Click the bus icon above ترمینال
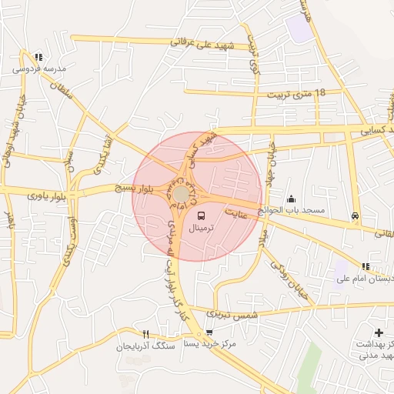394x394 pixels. [x=202, y=216]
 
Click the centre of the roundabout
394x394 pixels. [x=181, y=193]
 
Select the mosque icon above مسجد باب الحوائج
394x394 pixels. [x=291, y=199]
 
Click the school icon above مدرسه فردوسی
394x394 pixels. [x=38, y=57]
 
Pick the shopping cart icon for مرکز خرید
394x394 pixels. [x=209, y=333]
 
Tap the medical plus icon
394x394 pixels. [x=377, y=332]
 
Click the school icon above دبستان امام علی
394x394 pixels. [x=366, y=266]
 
